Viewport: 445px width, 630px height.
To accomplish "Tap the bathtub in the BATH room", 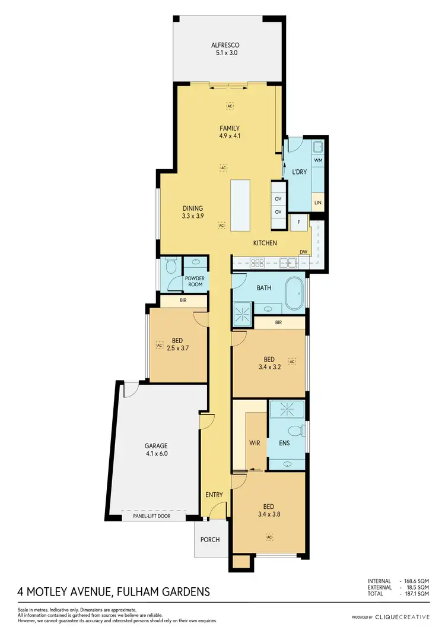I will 294,295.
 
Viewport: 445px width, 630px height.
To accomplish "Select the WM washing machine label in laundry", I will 317,160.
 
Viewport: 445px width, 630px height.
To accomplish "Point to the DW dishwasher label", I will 303,252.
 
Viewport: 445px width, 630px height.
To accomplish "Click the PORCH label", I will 210,540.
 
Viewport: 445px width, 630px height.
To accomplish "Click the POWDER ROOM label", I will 194,281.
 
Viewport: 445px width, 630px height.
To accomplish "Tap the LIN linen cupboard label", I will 318,202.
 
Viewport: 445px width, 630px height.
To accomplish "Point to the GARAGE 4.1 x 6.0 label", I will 157,449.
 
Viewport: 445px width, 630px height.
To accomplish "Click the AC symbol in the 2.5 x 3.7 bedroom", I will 159,344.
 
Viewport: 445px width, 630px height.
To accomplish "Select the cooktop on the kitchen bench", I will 259,262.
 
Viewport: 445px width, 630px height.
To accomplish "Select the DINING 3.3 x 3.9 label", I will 192,213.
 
